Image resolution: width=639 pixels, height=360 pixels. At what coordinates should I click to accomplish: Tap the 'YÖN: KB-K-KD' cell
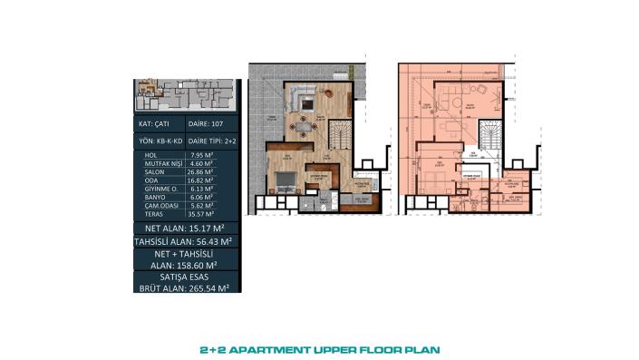pos(158,141)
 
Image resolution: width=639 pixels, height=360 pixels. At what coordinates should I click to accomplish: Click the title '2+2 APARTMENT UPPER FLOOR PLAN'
pos(319,346)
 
